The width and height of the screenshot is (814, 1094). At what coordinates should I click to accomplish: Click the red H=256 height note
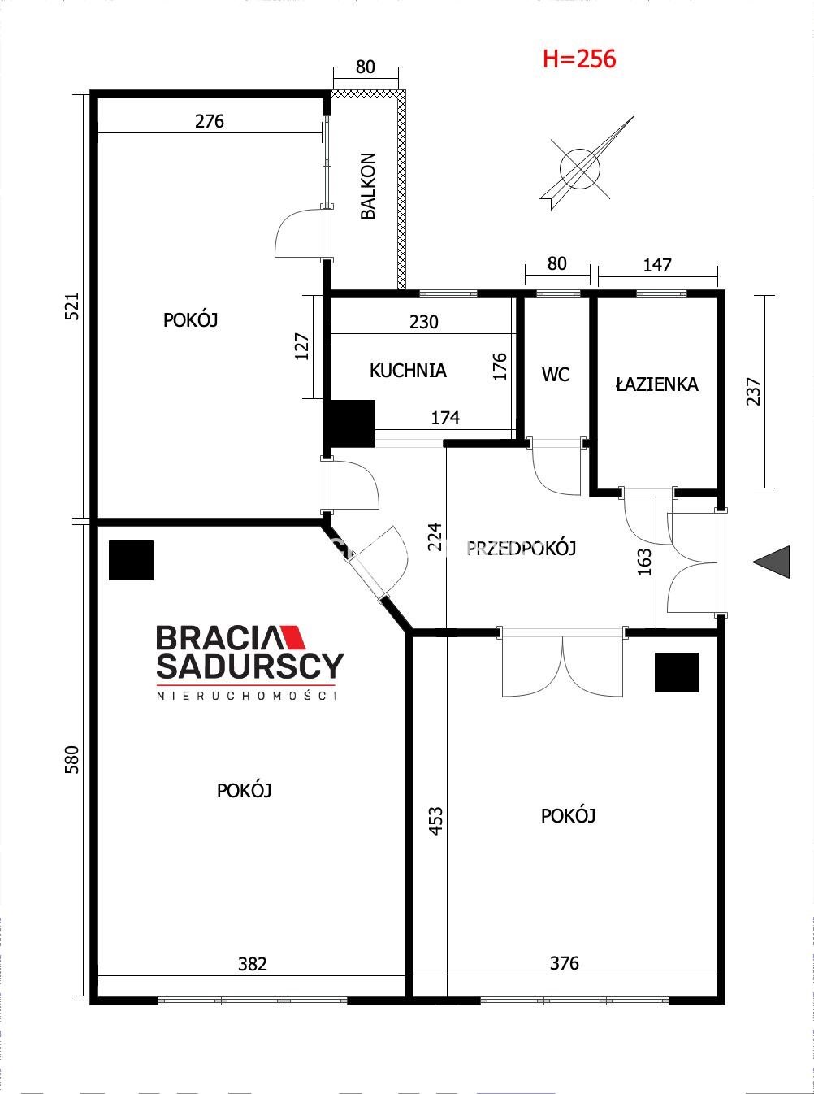coord(579,59)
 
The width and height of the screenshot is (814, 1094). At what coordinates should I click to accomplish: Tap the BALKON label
coord(368,185)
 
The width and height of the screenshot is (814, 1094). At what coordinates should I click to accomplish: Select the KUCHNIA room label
coord(409,371)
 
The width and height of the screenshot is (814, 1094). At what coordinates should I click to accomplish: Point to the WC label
coord(556,375)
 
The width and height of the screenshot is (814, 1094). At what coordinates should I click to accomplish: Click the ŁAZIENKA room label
coord(657,384)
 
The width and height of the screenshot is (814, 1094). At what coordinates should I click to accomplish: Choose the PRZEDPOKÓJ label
coord(521,548)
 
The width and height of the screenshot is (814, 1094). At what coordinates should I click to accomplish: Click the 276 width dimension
coord(209,121)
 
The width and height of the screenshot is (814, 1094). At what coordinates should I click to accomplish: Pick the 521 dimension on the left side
coord(72,306)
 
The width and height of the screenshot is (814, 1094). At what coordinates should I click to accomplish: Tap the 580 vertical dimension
coord(72,759)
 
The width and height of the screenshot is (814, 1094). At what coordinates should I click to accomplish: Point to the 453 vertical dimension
coord(436,821)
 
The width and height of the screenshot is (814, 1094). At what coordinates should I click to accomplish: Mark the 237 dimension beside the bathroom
coord(753,391)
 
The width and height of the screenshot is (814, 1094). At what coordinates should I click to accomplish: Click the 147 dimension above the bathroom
coord(657,265)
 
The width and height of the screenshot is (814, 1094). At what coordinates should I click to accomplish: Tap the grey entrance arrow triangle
coord(771,562)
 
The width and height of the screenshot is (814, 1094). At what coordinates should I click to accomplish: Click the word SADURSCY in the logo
coord(249,666)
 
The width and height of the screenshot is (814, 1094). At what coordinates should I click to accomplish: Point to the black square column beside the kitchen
coord(349,423)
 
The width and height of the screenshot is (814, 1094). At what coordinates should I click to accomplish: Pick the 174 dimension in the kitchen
coord(445,418)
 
